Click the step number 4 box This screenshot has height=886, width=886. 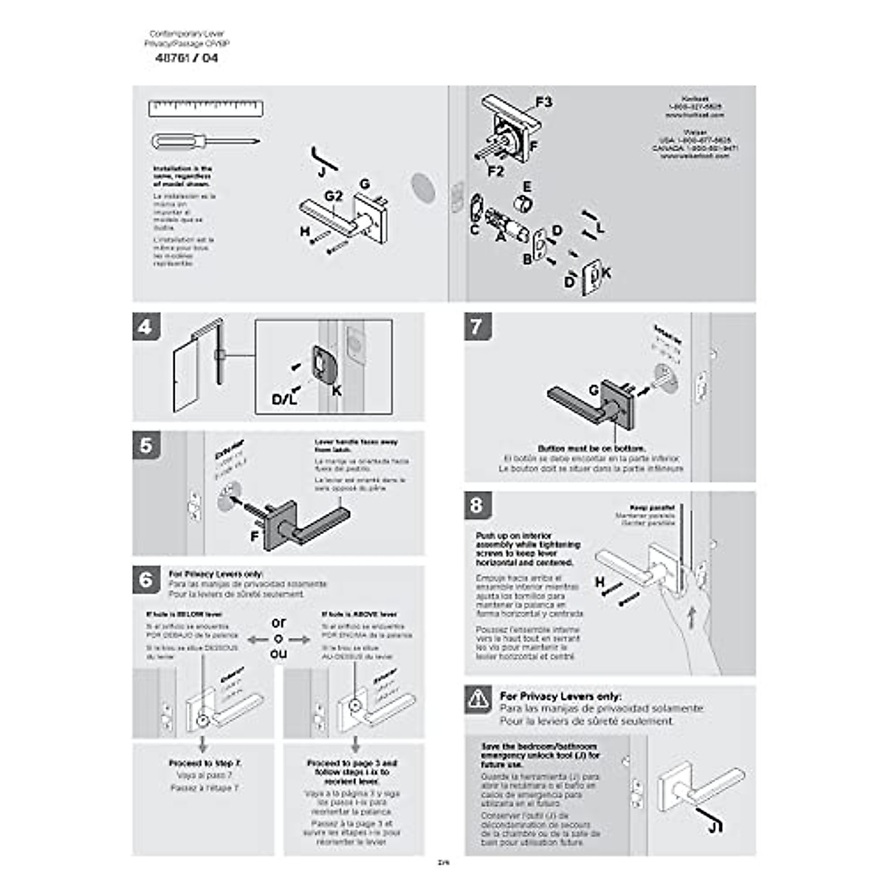pyautogui.click(x=146, y=326)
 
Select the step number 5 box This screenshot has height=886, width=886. pyautogui.click(x=146, y=445)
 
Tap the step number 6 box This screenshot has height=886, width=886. pyautogui.click(x=146, y=580)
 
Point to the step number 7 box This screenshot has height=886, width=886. pyautogui.click(x=477, y=326)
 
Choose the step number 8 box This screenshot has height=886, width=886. pyautogui.click(x=477, y=505)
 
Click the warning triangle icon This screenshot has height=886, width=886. pyautogui.click(x=478, y=698)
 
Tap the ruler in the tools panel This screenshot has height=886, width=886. pyautogui.click(x=206, y=109)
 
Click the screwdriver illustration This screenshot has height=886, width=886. pyautogui.click(x=205, y=141)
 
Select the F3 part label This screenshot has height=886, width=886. pyautogui.click(x=543, y=102)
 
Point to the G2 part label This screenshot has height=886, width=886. pyautogui.click(x=334, y=196)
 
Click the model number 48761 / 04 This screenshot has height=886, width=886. pyautogui.click(x=186, y=58)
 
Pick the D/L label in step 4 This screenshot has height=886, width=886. pyautogui.click(x=284, y=399)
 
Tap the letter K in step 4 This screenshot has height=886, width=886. pyautogui.click(x=337, y=391)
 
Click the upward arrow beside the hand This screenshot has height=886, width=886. pyautogui.click(x=691, y=617)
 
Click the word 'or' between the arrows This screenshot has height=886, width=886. pyautogui.click(x=278, y=623)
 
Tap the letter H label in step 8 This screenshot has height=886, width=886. pyautogui.click(x=600, y=583)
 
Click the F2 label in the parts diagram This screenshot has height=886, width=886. pyautogui.click(x=496, y=171)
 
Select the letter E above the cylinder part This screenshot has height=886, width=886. pyautogui.click(x=526, y=187)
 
